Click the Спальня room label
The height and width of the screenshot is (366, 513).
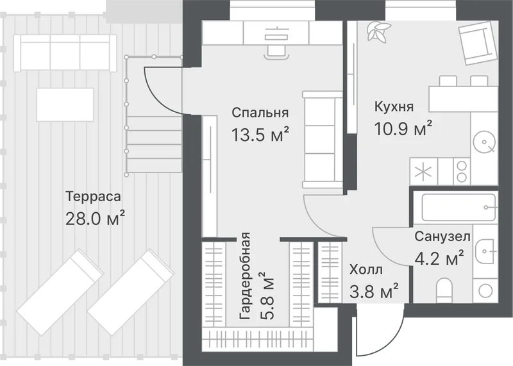260,113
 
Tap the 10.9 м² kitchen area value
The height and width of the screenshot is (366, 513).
403,129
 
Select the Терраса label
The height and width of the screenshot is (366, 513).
93,197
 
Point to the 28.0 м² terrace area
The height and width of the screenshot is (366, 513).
95,218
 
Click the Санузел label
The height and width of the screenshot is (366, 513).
442,236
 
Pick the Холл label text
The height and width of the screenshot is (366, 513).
366,270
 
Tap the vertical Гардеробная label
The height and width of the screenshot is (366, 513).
245,276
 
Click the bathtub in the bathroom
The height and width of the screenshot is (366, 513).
459,208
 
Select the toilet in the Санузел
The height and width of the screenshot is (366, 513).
444,290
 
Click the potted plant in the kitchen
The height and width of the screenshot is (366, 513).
378,31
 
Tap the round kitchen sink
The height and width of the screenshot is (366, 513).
484,142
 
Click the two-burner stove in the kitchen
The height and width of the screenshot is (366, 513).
462,171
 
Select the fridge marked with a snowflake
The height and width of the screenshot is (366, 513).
424,171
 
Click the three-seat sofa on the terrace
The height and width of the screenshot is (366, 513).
65,53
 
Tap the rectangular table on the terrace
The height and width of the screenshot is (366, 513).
65,104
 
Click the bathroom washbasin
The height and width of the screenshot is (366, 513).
486,251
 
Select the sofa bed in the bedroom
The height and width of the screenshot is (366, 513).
323,140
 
